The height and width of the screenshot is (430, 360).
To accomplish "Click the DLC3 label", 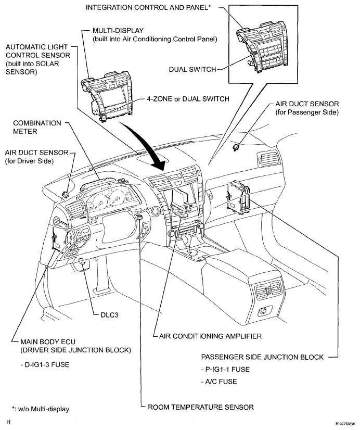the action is click(x=109, y=315).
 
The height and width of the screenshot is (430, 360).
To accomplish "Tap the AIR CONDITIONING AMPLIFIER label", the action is click(x=210, y=336).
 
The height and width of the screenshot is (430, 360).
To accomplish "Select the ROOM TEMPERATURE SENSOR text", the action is click(x=201, y=407).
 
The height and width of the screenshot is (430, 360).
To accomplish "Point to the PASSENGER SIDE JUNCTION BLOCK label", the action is click(x=263, y=357).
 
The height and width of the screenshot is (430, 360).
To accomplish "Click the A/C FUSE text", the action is click(x=221, y=382).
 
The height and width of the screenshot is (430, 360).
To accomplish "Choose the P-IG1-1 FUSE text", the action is click(x=227, y=370).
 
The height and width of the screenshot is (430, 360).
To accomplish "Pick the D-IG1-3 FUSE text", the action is click(x=47, y=364).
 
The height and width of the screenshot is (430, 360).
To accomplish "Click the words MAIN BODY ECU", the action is click(x=48, y=342).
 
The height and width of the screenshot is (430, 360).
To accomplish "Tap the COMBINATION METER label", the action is click(x=37, y=127).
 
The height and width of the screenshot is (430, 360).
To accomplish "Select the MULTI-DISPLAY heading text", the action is click(x=118, y=30).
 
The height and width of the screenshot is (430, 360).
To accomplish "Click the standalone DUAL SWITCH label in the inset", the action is click(x=192, y=69).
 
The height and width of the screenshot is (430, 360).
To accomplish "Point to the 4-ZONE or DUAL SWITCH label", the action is click(x=188, y=99).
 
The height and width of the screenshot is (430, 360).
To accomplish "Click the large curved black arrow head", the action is click(x=159, y=163).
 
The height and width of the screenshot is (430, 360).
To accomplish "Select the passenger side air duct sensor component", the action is click(x=235, y=147).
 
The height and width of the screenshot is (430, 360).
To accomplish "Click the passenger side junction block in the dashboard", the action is click(x=238, y=196).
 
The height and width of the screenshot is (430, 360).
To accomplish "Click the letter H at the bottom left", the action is click(x=8, y=422).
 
